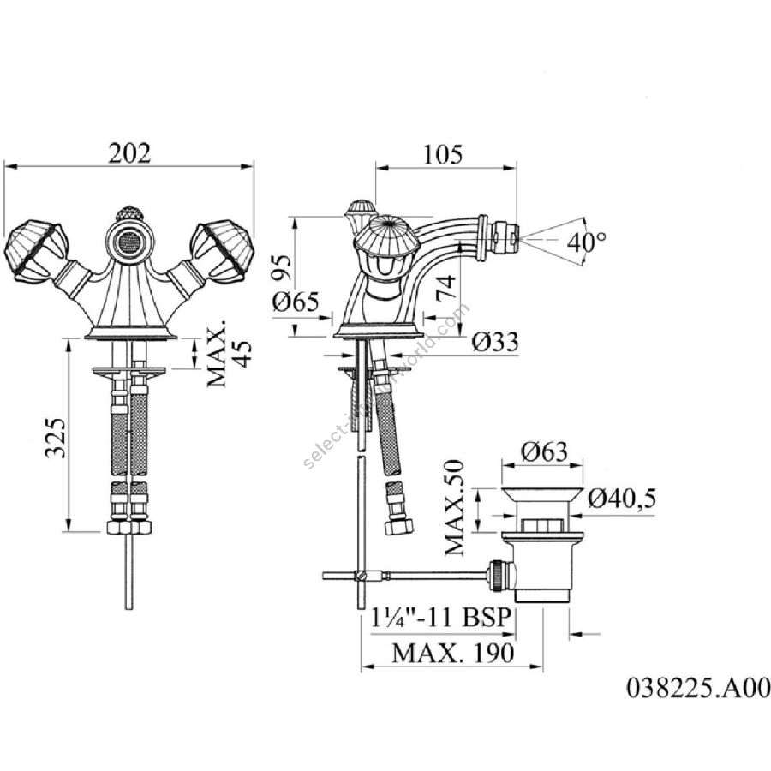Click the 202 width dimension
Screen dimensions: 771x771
129,153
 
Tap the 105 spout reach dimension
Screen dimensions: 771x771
443,154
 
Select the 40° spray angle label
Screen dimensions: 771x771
587,242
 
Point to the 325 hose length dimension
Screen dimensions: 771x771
55,438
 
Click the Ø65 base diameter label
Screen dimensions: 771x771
296,302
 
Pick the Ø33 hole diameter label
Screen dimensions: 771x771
495,342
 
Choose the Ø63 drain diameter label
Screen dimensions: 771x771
544,451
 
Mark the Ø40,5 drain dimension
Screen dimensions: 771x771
622,499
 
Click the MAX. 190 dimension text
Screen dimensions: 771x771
453,653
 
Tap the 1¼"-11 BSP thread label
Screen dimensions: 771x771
440,617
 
